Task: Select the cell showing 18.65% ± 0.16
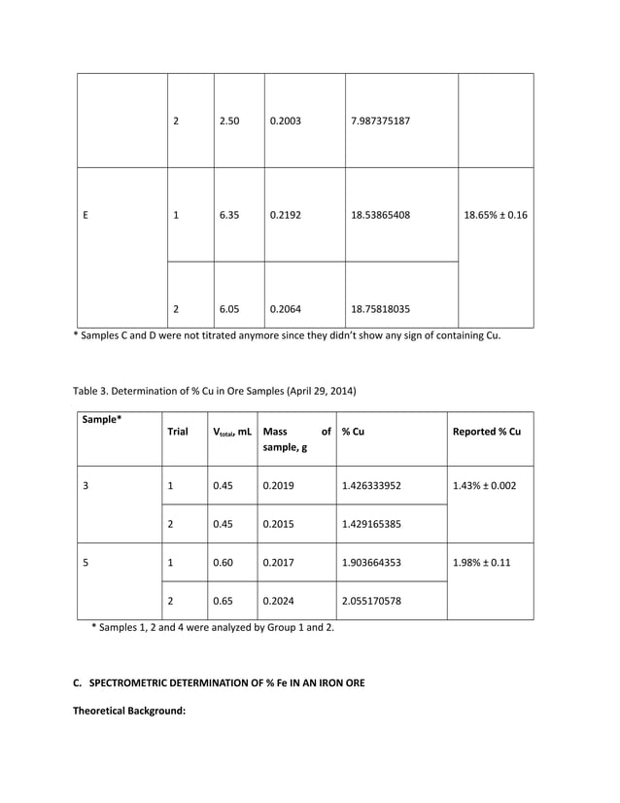click(x=496, y=215)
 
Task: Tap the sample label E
click(x=86, y=215)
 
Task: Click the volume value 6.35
click(x=229, y=215)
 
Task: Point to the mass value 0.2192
click(x=286, y=215)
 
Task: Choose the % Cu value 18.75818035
click(x=380, y=309)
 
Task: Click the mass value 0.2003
click(x=286, y=122)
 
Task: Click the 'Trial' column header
click(x=178, y=432)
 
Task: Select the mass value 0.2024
click(x=278, y=601)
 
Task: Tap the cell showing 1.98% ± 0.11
click(x=483, y=562)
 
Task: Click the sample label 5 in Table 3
click(x=86, y=562)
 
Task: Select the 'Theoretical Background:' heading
click(x=129, y=711)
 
